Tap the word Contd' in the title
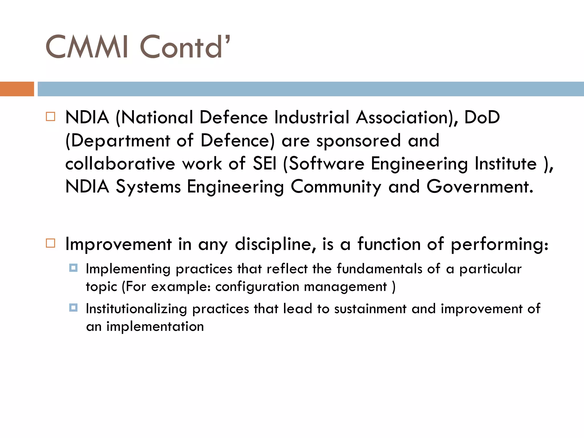click(184, 47)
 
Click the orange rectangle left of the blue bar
click(17, 89)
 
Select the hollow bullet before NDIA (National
click(50, 117)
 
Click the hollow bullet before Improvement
click(50, 243)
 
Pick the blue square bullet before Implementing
click(73, 268)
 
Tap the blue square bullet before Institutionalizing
click(73, 308)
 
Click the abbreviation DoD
click(482, 117)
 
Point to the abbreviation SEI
click(265, 164)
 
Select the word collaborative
click(120, 164)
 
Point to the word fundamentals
click(379, 269)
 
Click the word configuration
click(257, 287)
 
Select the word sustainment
click(370, 309)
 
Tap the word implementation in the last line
click(155, 327)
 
